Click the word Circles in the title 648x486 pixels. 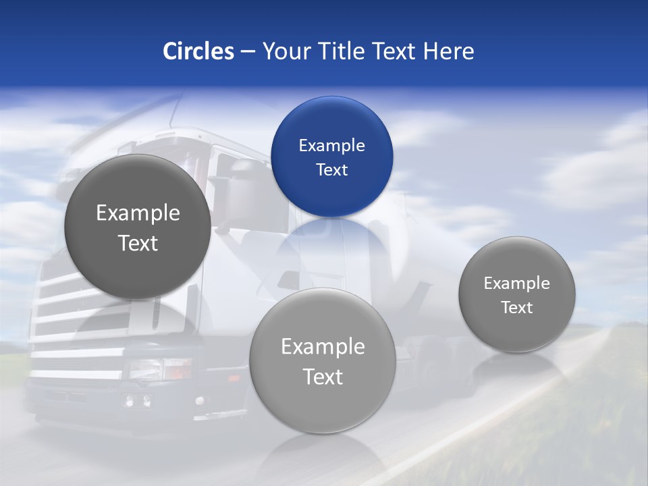(198, 51)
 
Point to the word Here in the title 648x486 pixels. (448, 51)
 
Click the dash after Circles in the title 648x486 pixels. (248, 52)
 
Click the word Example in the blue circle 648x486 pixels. (331, 146)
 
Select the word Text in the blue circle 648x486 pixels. (331, 170)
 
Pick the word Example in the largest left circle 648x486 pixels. (138, 213)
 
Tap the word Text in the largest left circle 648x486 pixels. (138, 243)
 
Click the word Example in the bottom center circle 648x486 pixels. (323, 347)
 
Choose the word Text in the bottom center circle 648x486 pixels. (323, 377)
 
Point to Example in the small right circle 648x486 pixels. (516, 283)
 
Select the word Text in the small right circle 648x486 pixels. (516, 308)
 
